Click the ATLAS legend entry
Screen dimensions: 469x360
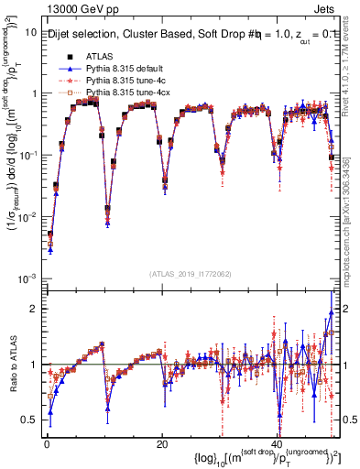(x=98, y=56)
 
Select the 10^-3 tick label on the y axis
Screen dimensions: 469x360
(x=27, y=278)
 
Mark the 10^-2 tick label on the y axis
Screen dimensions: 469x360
(x=27, y=216)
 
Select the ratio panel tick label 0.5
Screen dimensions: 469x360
(x=29, y=420)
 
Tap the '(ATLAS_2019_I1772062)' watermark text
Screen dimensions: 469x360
(x=190, y=274)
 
